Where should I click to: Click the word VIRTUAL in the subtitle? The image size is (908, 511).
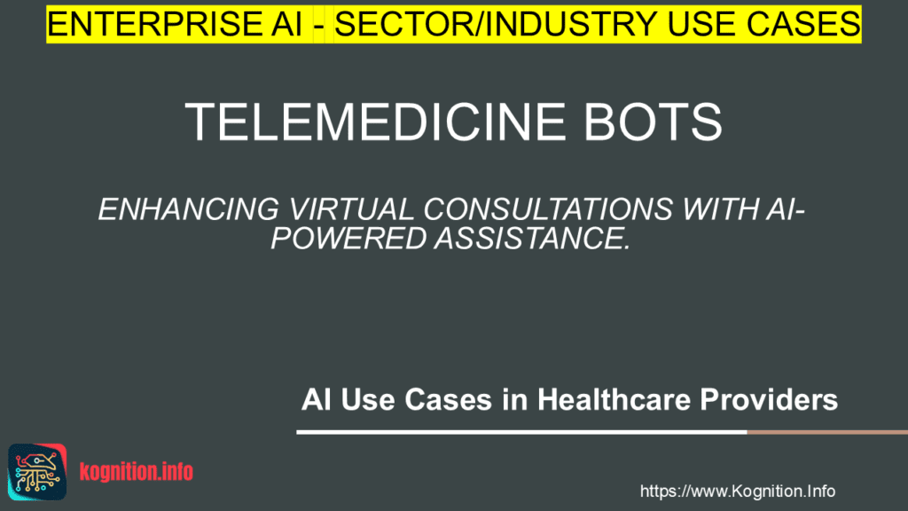point(327,211)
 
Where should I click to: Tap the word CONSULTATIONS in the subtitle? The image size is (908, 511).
point(540,211)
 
